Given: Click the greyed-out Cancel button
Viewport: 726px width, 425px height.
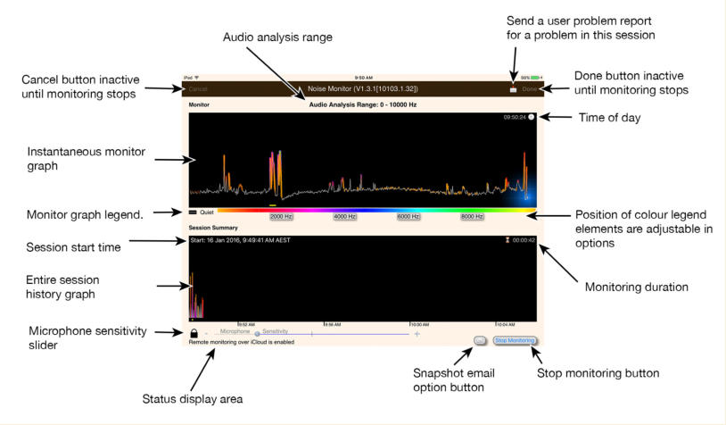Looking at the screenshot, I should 198,89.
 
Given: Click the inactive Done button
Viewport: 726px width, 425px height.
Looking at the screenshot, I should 530,89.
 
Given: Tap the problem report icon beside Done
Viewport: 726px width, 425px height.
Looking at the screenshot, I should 513,89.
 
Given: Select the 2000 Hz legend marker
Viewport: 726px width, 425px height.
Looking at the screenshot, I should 282,216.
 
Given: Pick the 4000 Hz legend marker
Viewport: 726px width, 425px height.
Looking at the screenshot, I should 345,216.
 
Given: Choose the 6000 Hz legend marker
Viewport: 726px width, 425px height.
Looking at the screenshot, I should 408,216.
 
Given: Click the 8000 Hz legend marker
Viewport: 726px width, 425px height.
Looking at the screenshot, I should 472,216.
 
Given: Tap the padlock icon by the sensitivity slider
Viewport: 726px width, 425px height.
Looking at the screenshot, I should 194,333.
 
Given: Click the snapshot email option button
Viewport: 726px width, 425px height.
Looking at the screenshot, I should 480,340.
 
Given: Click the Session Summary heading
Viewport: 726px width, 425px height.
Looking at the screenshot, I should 211,229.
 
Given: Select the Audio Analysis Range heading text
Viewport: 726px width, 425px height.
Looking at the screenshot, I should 362,105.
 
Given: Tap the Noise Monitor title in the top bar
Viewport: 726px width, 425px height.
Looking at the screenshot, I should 362,89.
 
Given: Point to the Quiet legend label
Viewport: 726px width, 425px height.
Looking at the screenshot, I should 207,212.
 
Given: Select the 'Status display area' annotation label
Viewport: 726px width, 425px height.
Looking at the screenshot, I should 193,398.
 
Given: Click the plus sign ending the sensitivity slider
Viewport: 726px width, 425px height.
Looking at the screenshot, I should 417,333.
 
